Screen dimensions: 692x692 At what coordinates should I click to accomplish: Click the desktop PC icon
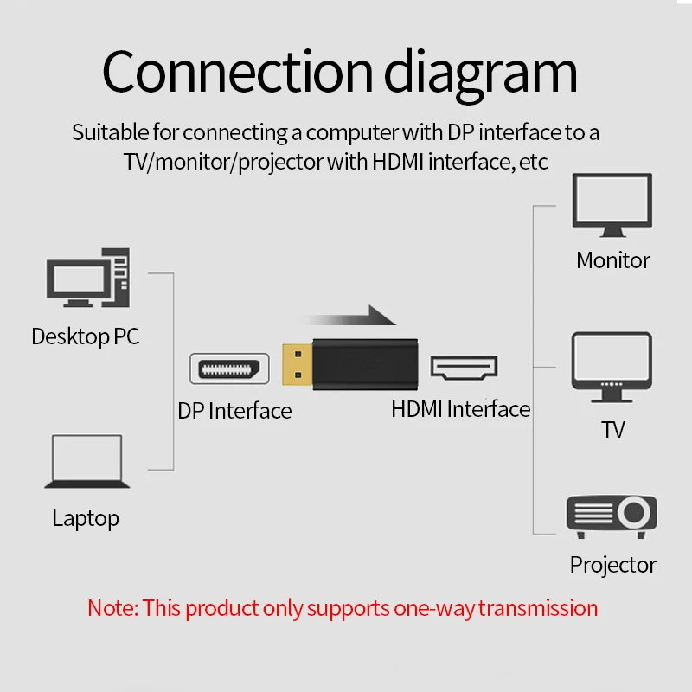(x=87, y=278)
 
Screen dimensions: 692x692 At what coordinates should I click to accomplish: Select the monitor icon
(x=612, y=205)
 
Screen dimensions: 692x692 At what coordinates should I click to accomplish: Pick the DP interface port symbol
(x=227, y=368)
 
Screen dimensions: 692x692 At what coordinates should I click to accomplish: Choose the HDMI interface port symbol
(x=465, y=368)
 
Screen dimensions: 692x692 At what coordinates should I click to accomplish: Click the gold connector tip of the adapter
(x=297, y=364)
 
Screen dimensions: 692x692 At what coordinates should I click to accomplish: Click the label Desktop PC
(x=85, y=336)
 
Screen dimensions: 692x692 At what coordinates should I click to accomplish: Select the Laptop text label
(x=86, y=519)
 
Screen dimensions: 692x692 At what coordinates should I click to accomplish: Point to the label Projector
(x=613, y=565)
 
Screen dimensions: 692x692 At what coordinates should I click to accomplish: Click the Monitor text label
(x=613, y=259)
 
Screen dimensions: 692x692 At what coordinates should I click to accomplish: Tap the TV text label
(x=612, y=429)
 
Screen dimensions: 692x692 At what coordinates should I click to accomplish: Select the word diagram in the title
(x=481, y=74)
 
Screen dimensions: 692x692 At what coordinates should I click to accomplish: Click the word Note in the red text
(x=111, y=608)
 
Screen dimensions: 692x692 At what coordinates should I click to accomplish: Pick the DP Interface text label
(x=234, y=411)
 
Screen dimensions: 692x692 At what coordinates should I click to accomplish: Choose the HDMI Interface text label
(x=460, y=409)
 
